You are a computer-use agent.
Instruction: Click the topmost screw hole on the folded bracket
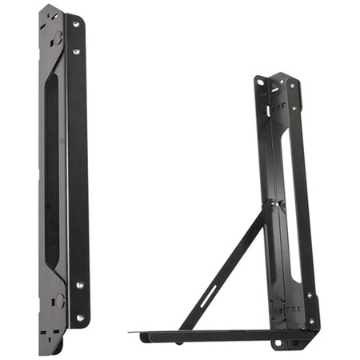click(77, 25)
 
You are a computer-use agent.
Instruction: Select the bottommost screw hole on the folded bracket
click(79, 317)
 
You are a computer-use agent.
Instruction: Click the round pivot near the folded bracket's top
click(58, 37)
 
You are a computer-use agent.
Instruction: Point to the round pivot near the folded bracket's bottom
click(59, 300)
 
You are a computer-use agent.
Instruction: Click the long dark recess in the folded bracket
click(53, 168)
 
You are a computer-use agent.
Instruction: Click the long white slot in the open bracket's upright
click(295, 200)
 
